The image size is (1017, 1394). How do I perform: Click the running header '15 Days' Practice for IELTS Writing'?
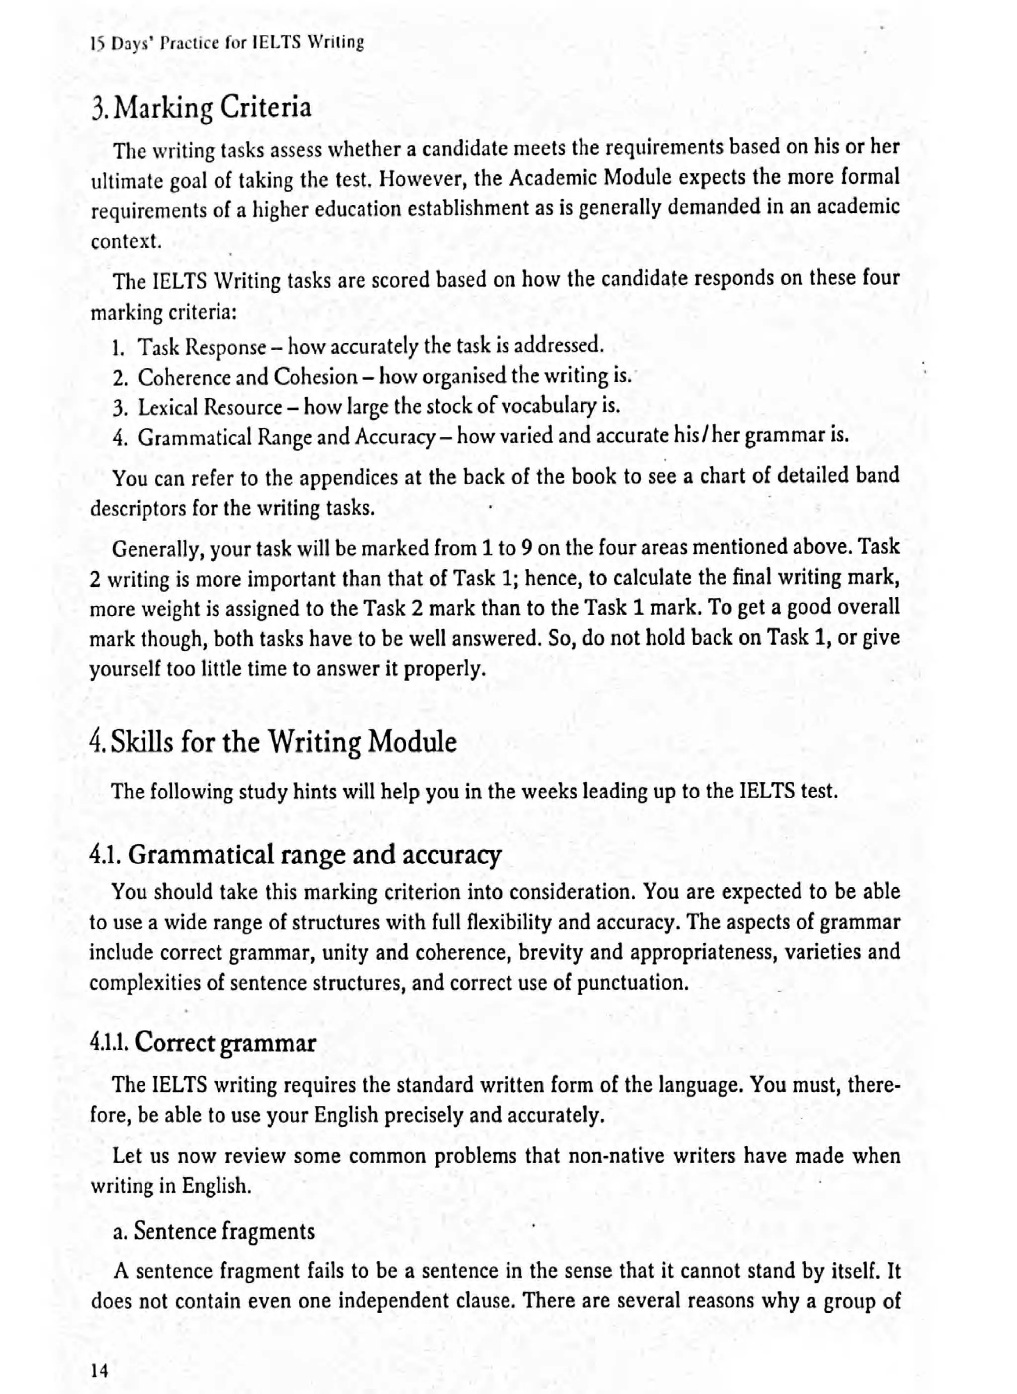[227, 43]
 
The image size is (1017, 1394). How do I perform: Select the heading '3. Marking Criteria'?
[201, 108]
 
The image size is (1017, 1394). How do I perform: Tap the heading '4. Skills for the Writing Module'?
[273, 742]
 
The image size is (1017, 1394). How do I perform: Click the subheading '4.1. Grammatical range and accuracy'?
[295, 855]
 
